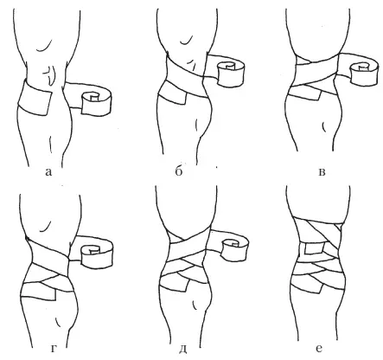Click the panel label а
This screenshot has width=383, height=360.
point(48,172)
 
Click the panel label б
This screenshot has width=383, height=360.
point(179,171)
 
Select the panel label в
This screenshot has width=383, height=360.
point(322,172)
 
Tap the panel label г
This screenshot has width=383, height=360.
point(54,350)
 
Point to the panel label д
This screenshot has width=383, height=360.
point(182,350)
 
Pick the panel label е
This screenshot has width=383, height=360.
point(319,349)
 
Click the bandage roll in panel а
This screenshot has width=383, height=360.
point(97,103)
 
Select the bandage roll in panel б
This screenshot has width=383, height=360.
point(232,74)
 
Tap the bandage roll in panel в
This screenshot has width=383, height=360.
point(363,74)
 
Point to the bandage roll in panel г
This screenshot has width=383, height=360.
point(98,254)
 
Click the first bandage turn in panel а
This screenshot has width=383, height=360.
point(35,98)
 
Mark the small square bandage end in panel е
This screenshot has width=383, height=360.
point(315,248)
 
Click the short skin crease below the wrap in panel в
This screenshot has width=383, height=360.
point(324,126)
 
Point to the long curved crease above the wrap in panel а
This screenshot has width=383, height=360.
point(45,46)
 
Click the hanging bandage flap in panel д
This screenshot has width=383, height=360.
point(175,285)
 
